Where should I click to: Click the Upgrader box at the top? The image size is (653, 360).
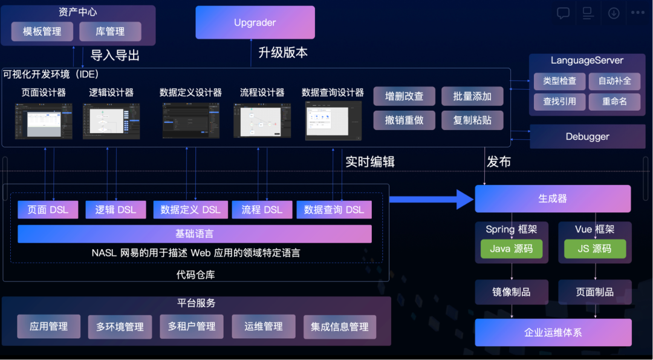(x=255, y=23)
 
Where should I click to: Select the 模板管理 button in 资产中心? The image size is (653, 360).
(x=42, y=31)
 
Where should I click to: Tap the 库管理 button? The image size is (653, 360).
(x=110, y=31)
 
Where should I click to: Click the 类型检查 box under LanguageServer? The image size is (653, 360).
(x=559, y=81)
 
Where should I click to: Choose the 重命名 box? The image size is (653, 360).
(x=614, y=101)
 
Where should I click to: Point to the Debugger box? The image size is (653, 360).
(x=587, y=137)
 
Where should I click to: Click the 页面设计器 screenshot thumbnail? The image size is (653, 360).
(x=44, y=121)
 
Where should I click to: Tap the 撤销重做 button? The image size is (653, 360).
(x=404, y=120)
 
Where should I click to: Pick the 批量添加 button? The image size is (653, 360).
(x=472, y=96)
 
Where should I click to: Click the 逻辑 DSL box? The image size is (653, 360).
(x=115, y=210)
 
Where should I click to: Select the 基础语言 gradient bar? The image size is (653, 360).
(x=195, y=234)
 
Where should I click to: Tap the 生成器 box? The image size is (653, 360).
(x=553, y=198)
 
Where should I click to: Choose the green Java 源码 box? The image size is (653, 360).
(x=512, y=249)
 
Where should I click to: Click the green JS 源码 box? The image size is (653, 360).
(x=594, y=249)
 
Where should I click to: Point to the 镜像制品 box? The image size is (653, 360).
(x=512, y=292)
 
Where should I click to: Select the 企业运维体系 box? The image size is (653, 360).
(x=553, y=333)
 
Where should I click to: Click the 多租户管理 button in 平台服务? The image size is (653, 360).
(x=192, y=327)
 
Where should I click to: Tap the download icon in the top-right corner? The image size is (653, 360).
(x=614, y=13)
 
